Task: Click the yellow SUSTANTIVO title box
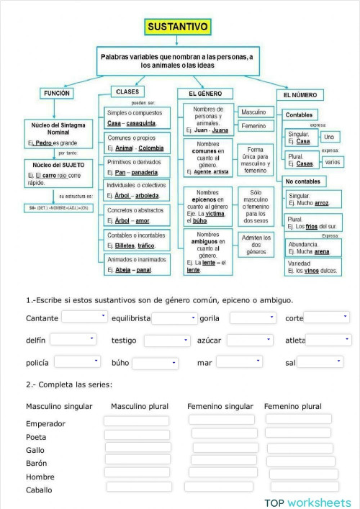click(x=178, y=27)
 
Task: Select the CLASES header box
click(x=127, y=92)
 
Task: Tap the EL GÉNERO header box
click(x=205, y=94)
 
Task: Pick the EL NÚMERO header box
click(x=300, y=94)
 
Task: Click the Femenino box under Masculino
click(x=253, y=126)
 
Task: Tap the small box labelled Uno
click(x=328, y=137)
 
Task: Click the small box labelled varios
click(x=331, y=162)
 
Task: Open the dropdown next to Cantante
click(x=84, y=317)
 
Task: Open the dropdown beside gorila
click(x=251, y=317)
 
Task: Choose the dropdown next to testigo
click(x=166, y=341)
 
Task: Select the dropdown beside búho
click(x=154, y=364)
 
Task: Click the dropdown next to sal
click(x=320, y=362)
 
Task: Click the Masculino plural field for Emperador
click(x=136, y=421)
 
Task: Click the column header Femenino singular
click(x=220, y=407)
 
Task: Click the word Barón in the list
click(x=37, y=463)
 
